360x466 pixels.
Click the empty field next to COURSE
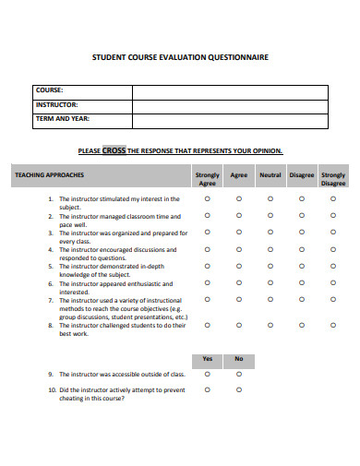pyautogui.click(x=229, y=91)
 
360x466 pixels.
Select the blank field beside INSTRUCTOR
pyautogui.click(x=229, y=105)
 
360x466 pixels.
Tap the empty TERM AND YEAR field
pyautogui.click(x=229, y=119)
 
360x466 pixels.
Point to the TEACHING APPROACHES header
pyautogui.click(x=49, y=174)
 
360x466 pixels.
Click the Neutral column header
pyautogui.click(x=270, y=174)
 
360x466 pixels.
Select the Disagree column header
pyautogui.click(x=302, y=174)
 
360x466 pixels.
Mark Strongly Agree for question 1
pyautogui.click(x=207, y=198)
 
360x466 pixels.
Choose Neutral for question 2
pyautogui.click(x=270, y=215)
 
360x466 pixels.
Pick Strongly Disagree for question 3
pyautogui.click(x=332, y=233)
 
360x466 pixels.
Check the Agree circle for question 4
pyautogui.click(x=238, y=249)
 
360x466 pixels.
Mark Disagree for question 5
pyautogui.click(x=302, y=266)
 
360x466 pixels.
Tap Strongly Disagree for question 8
pyautogui.click(x=332, y=325)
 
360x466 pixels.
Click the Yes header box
pyautogui.click(x=207, y=359)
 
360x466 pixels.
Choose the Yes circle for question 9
pyautogui.click(x=207, y=375)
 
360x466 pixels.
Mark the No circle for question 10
pyautogui.click(x=238, y=390)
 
